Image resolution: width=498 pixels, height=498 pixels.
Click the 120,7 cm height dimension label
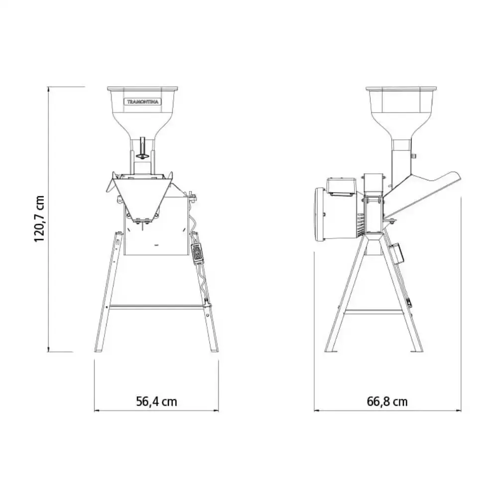[39, 219]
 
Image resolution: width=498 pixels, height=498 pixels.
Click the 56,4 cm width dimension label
[156, 401]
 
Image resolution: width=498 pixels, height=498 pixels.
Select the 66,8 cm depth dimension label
[387, 401]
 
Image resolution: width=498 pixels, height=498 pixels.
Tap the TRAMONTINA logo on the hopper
[142, 102]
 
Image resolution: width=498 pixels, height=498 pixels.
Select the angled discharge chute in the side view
[422, 194]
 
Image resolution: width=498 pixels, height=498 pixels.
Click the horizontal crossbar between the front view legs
[156, 307]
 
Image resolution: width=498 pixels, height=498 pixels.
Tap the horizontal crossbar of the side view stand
[373, 313]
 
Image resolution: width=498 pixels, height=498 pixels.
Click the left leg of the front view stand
[108, 292]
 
